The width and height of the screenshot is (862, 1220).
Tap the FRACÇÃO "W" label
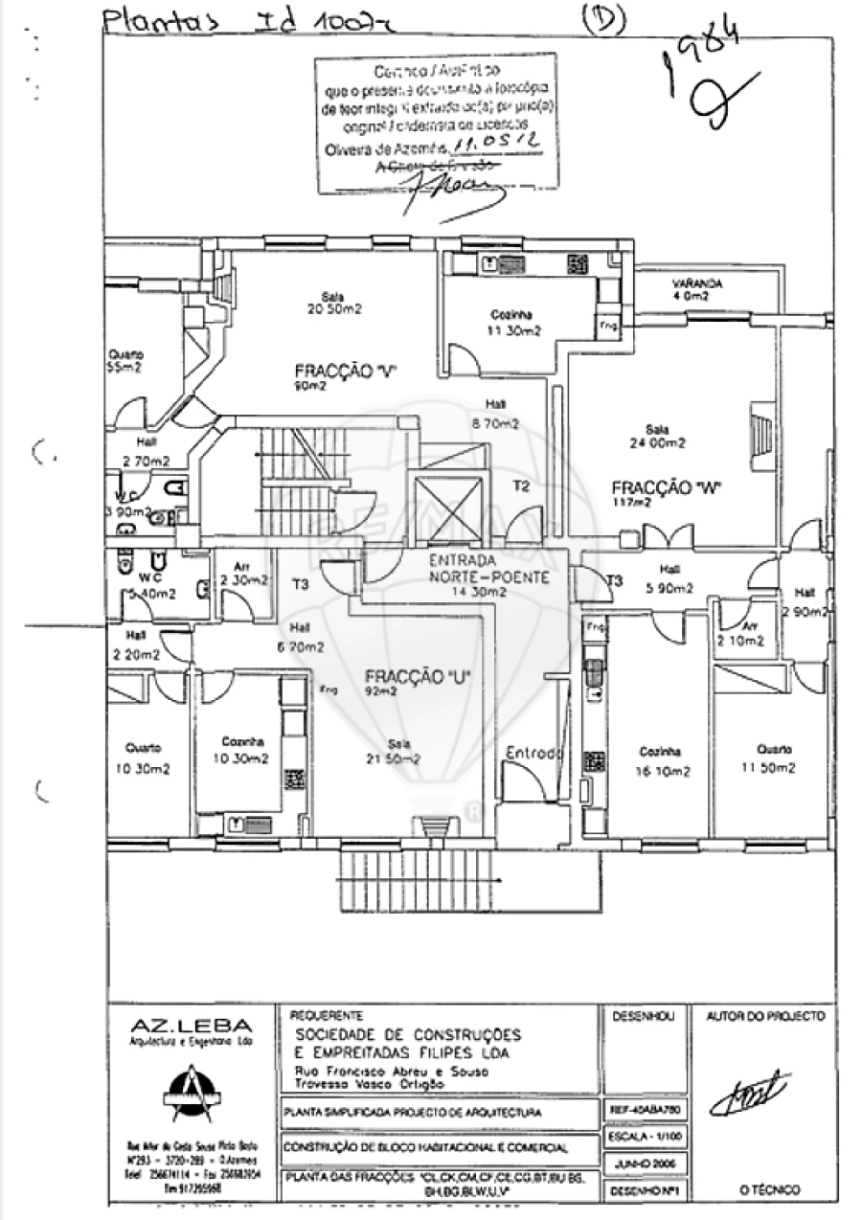(x=666, y=488)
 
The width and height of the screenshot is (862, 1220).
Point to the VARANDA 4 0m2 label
(x=697, y=290)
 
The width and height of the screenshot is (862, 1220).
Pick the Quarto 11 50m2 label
(x=774, y=758)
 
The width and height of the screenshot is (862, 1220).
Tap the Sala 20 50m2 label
(x=334, y=303)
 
